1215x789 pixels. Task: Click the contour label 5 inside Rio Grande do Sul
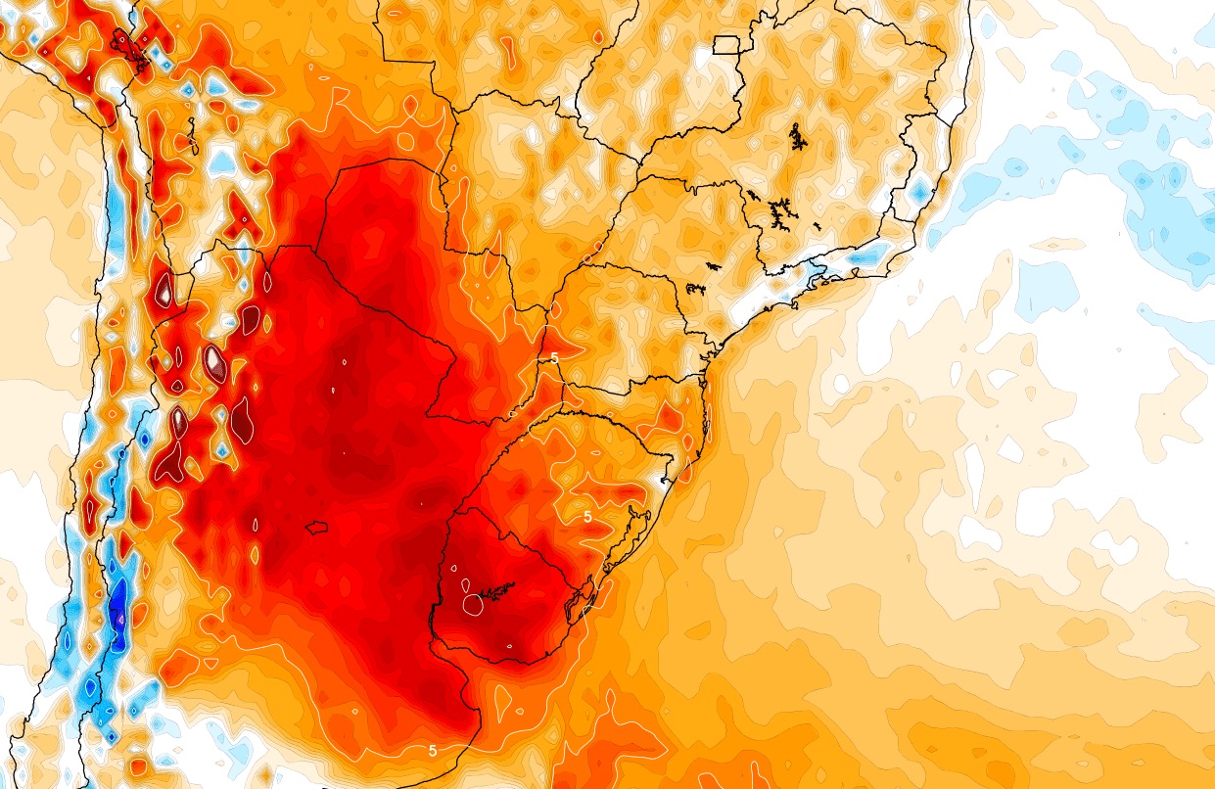[587, 516]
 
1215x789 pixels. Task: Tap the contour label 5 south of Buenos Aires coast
[432, 751]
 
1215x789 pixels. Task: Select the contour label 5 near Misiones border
[554, 358]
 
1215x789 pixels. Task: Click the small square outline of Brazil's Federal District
[725, 44]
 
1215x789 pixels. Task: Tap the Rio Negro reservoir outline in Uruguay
[494, 591]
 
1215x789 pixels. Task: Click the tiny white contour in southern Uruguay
[509, 646]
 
